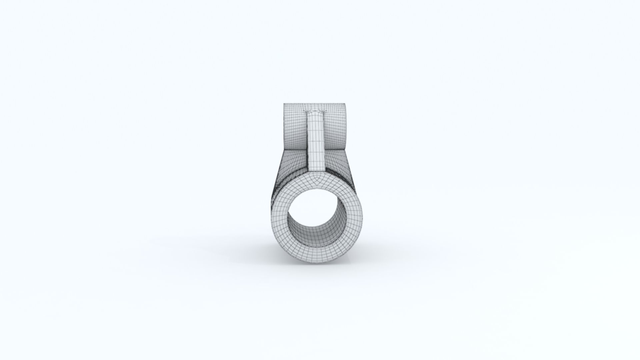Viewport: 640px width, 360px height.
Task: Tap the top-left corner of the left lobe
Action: tap(284, 104)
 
